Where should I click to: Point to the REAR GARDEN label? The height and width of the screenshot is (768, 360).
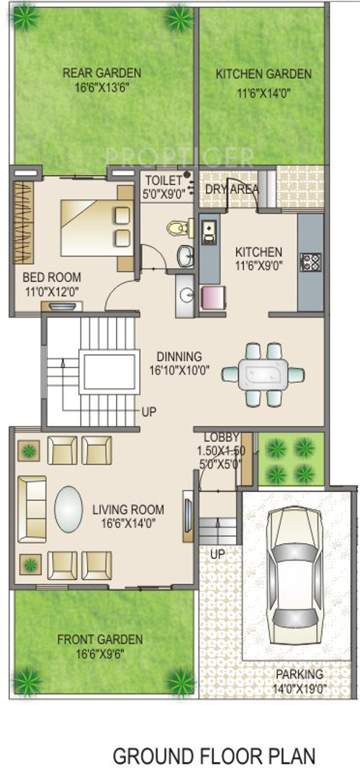(x=101, y=73)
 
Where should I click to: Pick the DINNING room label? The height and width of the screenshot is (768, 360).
(x=179, y=356)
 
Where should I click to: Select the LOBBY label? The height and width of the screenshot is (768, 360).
(x=219, y=438)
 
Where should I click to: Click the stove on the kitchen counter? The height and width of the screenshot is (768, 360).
(x=309, y=263)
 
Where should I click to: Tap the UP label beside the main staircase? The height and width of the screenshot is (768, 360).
(x=149, y=411)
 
